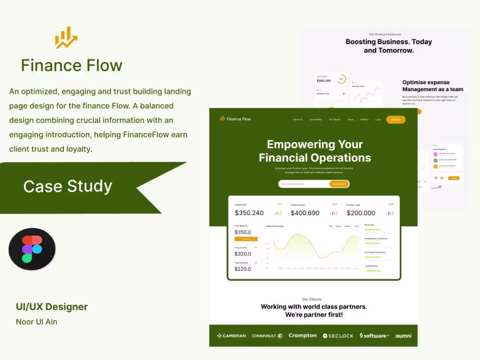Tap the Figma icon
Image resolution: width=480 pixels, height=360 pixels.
(x=32, y=249)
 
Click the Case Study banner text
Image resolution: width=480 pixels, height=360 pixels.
(x=68, y=186)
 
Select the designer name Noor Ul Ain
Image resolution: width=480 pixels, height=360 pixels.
(x=36, y=322)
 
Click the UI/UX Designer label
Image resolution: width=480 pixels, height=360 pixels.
(x=51, y=307)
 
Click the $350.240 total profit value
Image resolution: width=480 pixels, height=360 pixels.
(x=249, y=213)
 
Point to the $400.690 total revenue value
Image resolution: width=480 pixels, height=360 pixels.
(x=305, y=213)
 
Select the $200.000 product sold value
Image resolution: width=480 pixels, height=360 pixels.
(x=361, y=213)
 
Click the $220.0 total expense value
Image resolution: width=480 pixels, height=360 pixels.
(x=243, y=269)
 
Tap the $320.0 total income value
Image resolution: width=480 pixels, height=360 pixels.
(x=243, y=254)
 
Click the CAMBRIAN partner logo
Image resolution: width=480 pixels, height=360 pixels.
(x=231, y=336)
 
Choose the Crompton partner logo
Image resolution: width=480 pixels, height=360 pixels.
(x=302, y=336)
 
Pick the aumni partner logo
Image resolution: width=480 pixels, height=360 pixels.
(x=403, y=336)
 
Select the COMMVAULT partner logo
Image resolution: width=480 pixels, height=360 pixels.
(x=267, y=336)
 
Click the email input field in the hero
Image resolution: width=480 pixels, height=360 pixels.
(x=304, y=184)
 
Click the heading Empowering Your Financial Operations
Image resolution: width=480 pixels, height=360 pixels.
(x=315, y=151)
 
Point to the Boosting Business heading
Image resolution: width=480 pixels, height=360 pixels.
(x=389, y=46)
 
